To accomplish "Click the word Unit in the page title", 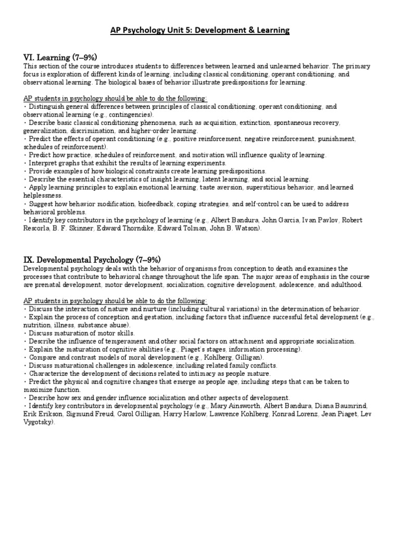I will pos(182,31).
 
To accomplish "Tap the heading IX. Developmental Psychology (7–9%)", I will pos(92,259).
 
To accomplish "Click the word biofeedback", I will pos(147,204).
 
